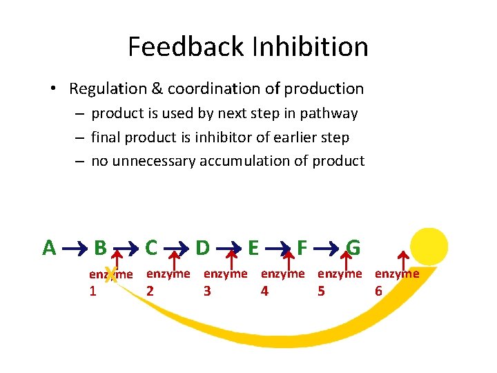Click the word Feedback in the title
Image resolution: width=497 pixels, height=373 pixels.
click(x=184, y=47)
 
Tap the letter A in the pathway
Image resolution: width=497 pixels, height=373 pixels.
click(x=49, y=247)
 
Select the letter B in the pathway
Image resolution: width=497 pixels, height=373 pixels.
click(x=100, y=247)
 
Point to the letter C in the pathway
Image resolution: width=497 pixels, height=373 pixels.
click(x=151, y=247)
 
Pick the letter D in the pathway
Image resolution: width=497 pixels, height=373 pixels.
click(x=203, y=247)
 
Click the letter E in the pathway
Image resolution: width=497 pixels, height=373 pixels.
click(x=253, y=247)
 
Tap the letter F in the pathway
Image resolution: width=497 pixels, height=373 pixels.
click(x=302, y=247)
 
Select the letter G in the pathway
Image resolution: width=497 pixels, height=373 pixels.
click(x=353, y=247)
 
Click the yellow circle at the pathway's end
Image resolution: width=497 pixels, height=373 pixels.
click(x=429, y=247)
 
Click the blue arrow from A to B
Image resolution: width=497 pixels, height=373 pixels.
click(x=75, y=247)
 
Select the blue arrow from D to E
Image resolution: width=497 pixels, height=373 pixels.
click(x=228, y=247)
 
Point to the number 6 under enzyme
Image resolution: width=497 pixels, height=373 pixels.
click(x=378, y=291)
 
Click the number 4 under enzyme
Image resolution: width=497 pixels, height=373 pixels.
click(x=264, y=291)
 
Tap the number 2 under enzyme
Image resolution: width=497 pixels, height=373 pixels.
click(x=150, y=291)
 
